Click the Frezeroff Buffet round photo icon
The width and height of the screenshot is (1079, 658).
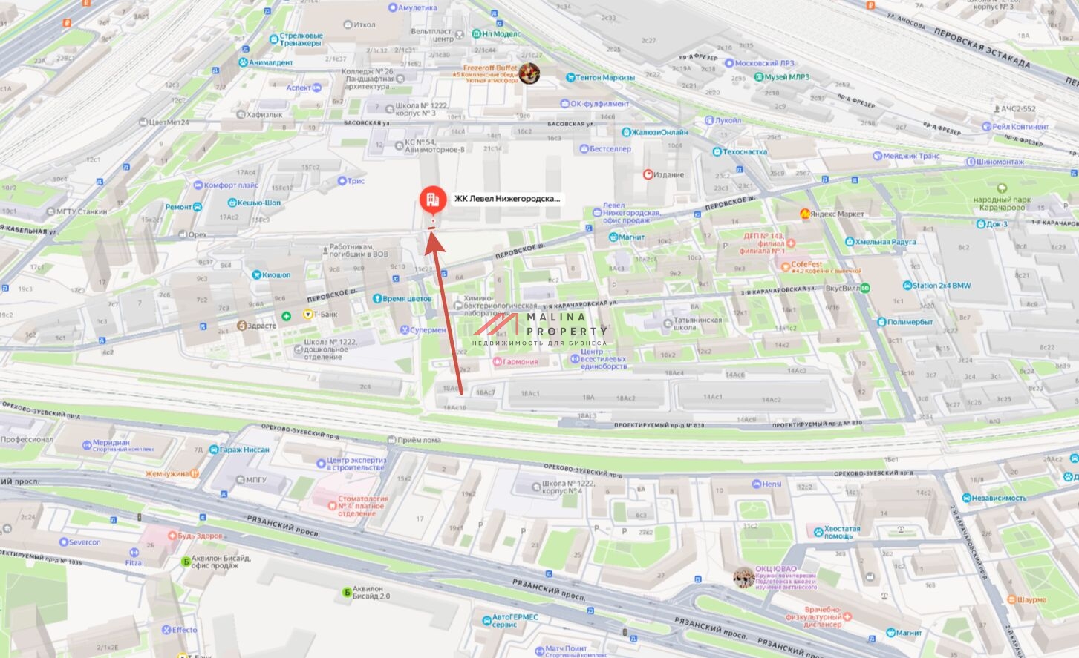pyautogui.click(x=529, y=73)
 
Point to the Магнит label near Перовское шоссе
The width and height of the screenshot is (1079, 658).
pyautogui.click(x=631, y=237)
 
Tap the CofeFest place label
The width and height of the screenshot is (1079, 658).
pyautogui.click(x=806, y=264)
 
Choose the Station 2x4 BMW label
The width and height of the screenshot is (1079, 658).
pyautogui.click(x=941, y=286)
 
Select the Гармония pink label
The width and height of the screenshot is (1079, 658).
pyautogui.click(x=520, y=362)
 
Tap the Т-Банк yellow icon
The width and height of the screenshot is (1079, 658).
pyautogui.click(x=307, y=315)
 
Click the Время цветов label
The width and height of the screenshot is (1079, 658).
pyautogui.click(x=406, y=299)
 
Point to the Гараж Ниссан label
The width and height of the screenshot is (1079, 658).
pyautogui.click(x=244, y=450)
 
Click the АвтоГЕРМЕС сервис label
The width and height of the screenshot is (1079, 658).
pyautogui.click(x=515, y=621)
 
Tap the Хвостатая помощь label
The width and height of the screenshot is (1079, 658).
pyautogui.click(x=841, y=533)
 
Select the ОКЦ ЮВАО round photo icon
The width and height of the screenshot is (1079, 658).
pyautogui.click(x=743, y=578)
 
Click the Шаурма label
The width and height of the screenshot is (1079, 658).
pyautogui.click(x=1031, y=599)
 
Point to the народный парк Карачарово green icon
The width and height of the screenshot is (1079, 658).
pyautogui.click(x=1002, y=188)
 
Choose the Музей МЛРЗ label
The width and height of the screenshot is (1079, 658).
pyautogui.click(x=787, y=77)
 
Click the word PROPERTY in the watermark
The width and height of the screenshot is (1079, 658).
pyautogui.click(x=567, y=332)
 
